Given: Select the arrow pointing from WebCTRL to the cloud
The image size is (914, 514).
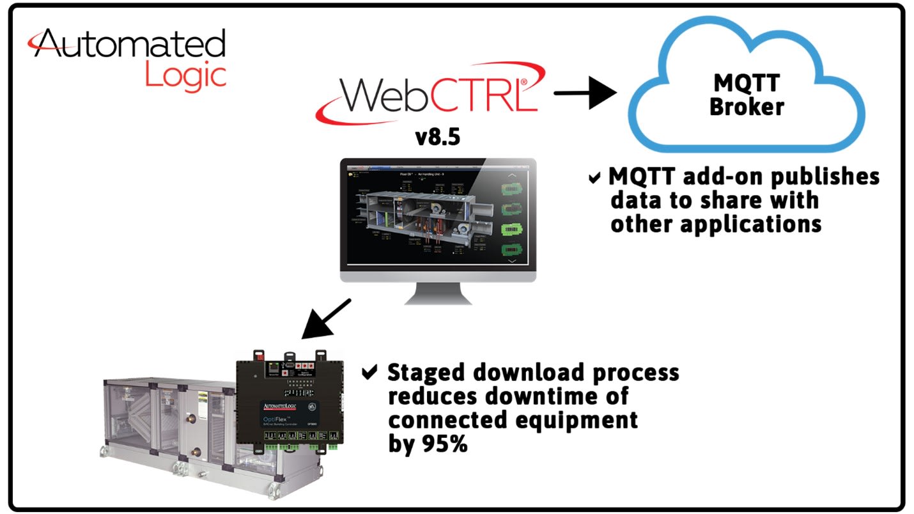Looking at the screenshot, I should tap(584, 94).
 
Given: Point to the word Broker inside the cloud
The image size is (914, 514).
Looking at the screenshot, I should tap(747, 106).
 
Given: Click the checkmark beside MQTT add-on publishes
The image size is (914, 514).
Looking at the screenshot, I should tap(595, 178).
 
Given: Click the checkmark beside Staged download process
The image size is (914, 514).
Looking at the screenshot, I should tap(369, 373).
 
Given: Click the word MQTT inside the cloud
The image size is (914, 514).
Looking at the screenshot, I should tap(746, 83).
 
